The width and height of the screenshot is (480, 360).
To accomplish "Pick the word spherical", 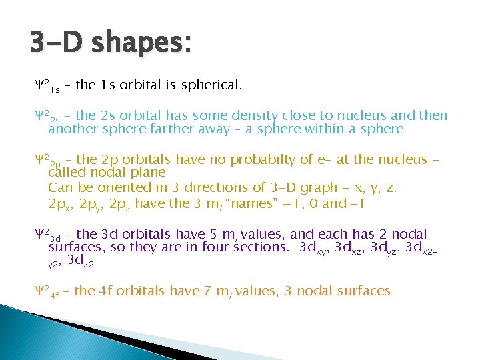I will (209, 85).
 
